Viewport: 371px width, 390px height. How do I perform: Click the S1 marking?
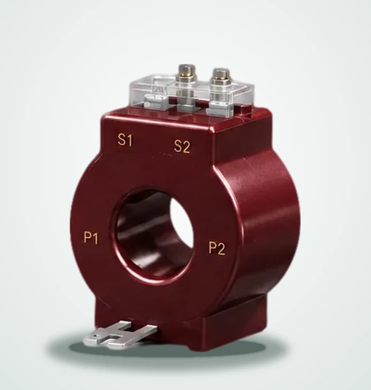click(x=125, y=140)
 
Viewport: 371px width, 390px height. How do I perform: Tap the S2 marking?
click(x=182, y=146)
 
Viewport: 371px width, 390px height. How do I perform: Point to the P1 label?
click(x=91, y=238)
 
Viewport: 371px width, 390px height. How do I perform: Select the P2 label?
click(x=216, y=248)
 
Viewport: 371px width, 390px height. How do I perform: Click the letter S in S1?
click(x=122, y=139)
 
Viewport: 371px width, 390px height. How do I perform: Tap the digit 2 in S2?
click(x=186, y=147)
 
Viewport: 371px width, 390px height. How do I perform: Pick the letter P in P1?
click(x=88, y=237)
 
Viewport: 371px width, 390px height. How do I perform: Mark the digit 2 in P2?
click(x=221, y=249)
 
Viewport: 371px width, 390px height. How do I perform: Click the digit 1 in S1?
click(x=129, y=141)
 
